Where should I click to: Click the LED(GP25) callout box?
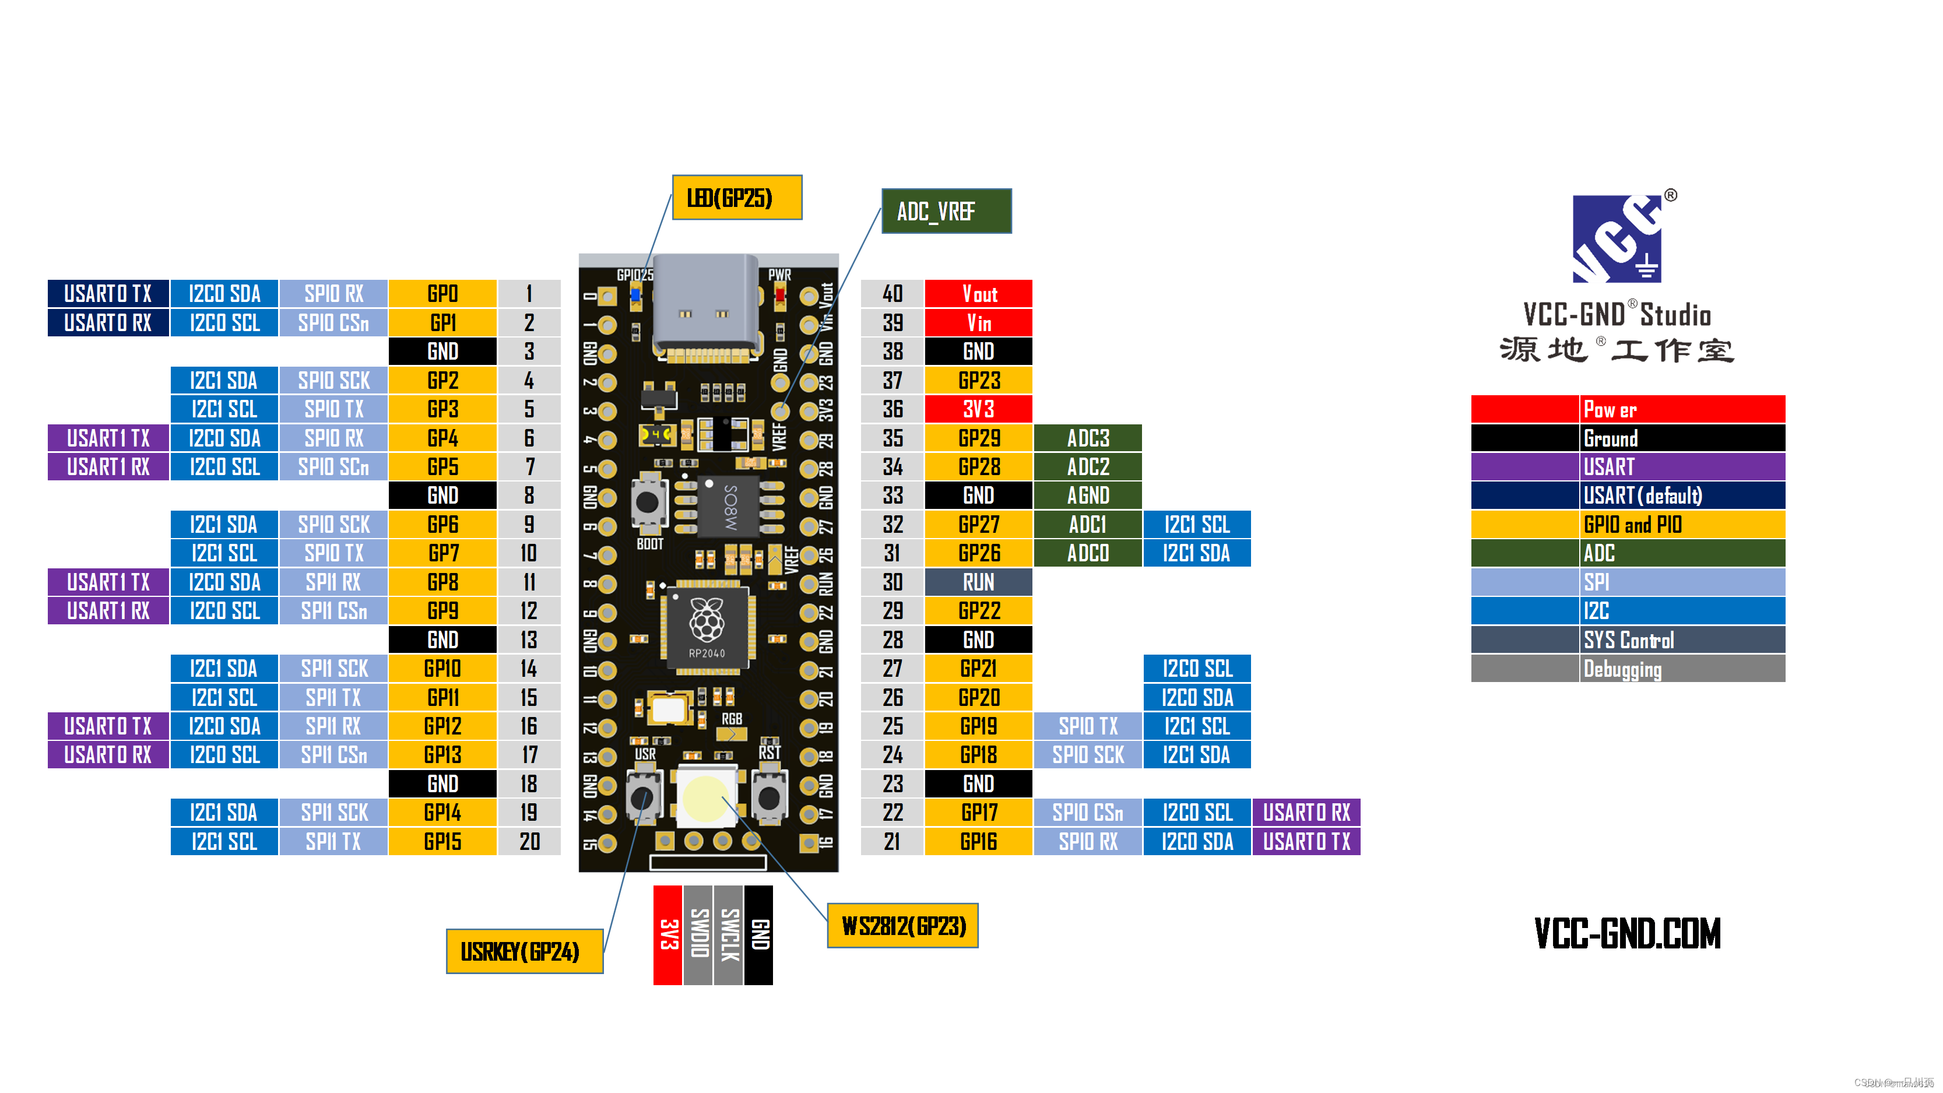[736, 198]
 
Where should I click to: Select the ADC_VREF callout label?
[946, 211]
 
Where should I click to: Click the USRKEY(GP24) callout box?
[524, 951]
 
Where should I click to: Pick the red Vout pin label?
[978, 293]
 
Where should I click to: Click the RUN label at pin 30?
[978, 582]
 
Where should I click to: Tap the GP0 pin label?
[442, 293]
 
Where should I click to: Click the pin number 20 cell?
[529, 841]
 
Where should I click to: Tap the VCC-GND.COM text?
[1627, 933]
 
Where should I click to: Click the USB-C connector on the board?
[705, 306]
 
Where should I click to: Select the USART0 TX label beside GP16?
[1306, 841]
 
